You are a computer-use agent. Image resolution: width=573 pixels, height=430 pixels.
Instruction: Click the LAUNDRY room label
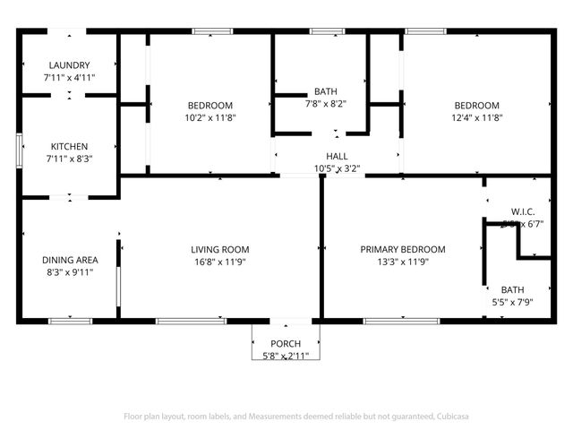69,65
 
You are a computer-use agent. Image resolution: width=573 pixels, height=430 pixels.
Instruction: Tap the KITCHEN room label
69,146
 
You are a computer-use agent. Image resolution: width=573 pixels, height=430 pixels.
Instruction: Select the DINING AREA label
70,261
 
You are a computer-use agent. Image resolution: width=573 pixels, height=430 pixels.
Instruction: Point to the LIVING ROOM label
219,249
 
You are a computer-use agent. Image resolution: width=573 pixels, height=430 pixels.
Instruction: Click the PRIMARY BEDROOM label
403,249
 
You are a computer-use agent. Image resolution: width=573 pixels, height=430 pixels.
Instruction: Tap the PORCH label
286,344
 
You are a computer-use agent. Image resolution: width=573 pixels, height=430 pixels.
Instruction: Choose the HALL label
337,156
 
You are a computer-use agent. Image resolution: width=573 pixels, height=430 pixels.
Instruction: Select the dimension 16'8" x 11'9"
219,262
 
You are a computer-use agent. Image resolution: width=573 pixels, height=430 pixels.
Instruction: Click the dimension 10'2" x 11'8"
210,116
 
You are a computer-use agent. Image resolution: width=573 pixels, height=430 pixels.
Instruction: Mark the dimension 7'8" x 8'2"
324,104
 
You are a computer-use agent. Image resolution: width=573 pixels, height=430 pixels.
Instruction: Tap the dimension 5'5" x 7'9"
512,303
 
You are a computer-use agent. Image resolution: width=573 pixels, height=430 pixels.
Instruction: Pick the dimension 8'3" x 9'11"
70,273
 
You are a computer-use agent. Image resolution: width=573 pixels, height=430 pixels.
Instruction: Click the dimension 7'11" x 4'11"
69,78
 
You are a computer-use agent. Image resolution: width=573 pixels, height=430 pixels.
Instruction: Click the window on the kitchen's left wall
19,149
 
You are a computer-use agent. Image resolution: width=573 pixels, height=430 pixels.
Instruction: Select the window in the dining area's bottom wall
70,320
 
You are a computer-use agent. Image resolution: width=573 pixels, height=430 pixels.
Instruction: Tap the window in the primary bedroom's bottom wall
395,320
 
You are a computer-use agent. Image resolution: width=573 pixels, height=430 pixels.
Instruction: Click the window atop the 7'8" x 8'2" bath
327,32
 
